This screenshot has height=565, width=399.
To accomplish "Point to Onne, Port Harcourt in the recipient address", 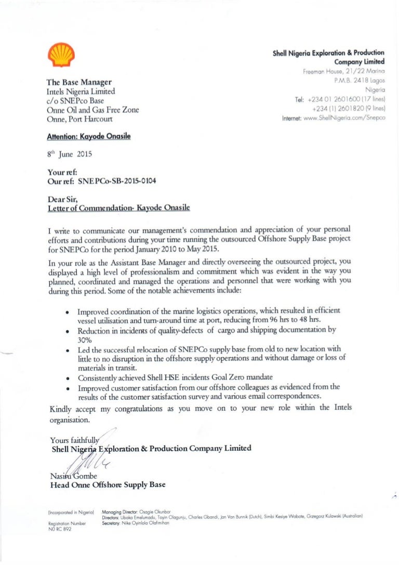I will coord(82,119).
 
